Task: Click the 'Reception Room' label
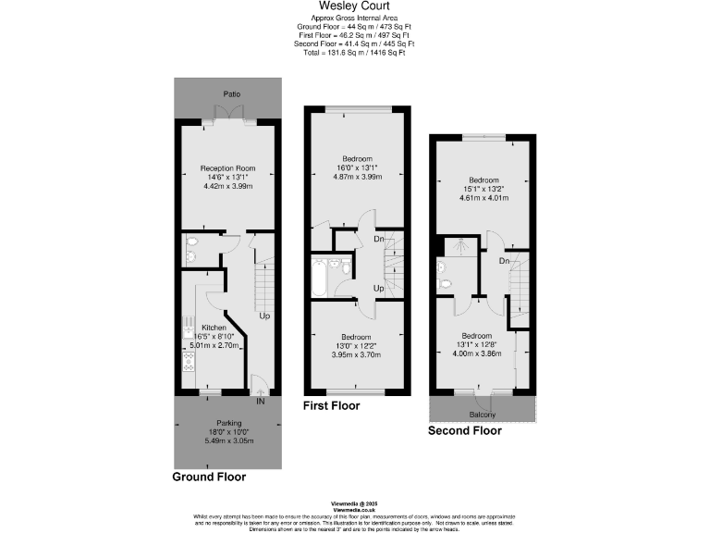pos(227,168)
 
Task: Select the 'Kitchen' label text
pos(202,328)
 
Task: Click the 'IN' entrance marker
pos(260,402)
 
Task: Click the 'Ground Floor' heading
pos(209,477)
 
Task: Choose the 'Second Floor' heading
pos(464,431)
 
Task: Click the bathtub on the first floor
pos(319,276)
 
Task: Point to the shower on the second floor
pos(456,247)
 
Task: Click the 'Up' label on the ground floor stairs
pos(264,316)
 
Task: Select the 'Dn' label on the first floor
pos(378,240)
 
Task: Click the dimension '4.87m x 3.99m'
pos(357,177)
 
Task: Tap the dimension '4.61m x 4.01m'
pos(484,197)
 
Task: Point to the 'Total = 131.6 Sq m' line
pos(354,53)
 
